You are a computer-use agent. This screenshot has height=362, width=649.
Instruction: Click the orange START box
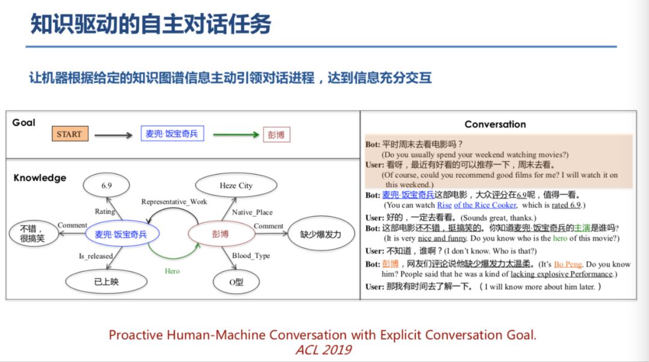pyautogui.click(x=69, y=134)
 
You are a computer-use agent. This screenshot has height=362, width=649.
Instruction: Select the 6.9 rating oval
pyautogui.click(x=106, y=186)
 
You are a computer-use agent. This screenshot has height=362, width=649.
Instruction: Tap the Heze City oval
pyautogui.click(x=236, y=186)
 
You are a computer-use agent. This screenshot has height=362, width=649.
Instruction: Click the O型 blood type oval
pyautogui.click(x=236, y=282)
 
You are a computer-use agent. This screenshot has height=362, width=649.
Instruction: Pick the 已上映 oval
pyautogui.click(x=106, y=282)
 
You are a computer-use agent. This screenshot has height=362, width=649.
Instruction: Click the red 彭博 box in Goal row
pyautogui.click(x=276, y=134)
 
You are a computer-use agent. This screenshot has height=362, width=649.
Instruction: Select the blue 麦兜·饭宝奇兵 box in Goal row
pyautogui.click(x=172, y=134)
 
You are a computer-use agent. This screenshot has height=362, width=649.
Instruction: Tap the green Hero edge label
pyautogui.click(x=172, y=271)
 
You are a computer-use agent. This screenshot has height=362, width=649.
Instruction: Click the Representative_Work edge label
pyautogui.click(x=174, y=202)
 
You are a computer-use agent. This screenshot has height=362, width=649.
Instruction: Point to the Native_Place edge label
pyautogui.click(x=252, y=212)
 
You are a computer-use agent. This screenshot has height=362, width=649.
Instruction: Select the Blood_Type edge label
pyautogui.click(x=251, y=256)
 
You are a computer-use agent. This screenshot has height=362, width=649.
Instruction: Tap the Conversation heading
pyautogui.click(x=495, y=124)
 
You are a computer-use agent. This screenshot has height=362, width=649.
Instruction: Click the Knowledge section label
pyautogui.click(x=40, y=178)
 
